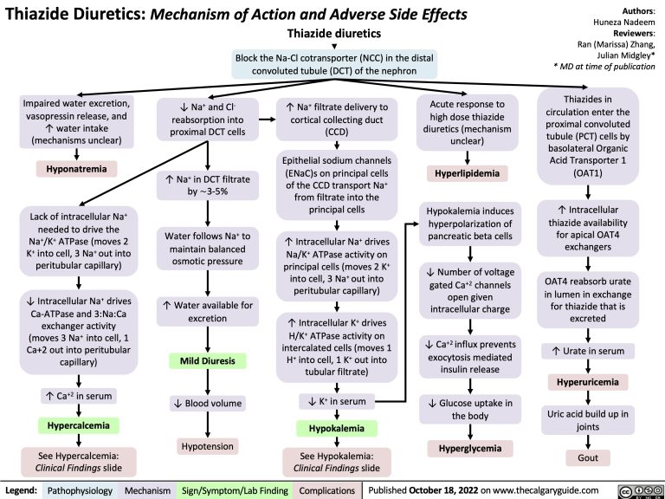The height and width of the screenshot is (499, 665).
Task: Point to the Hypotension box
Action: (x=207, y=445)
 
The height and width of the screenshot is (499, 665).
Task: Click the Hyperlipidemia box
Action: (x=466, y=173)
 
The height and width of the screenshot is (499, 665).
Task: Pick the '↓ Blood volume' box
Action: (x=207, y=404)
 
